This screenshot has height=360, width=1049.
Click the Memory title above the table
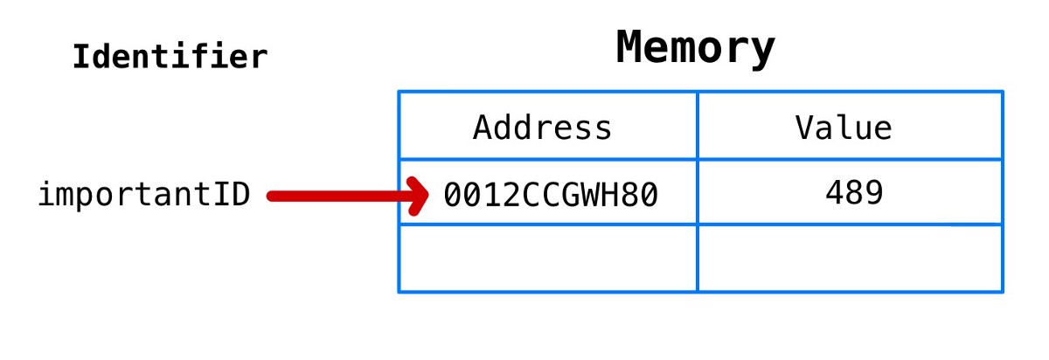[695, 48]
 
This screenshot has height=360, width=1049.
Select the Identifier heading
[170, 58]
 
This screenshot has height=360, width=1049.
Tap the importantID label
[144, 195]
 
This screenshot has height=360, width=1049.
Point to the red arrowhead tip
[427, 196]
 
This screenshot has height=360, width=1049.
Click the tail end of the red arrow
[272, 196]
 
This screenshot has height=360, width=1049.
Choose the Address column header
[542, 128]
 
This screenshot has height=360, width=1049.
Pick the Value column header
[844, 128]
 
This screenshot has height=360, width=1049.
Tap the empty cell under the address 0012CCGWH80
[548, 259]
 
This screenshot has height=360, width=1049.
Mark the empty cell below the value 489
[850, 259]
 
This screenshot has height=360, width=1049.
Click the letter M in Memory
[630, 48]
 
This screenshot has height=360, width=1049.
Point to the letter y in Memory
[763, 51]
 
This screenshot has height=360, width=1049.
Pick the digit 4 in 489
[835, 193]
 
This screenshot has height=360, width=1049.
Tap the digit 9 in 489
[874, 193]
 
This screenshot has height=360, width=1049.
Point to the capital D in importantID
[241, 195]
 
